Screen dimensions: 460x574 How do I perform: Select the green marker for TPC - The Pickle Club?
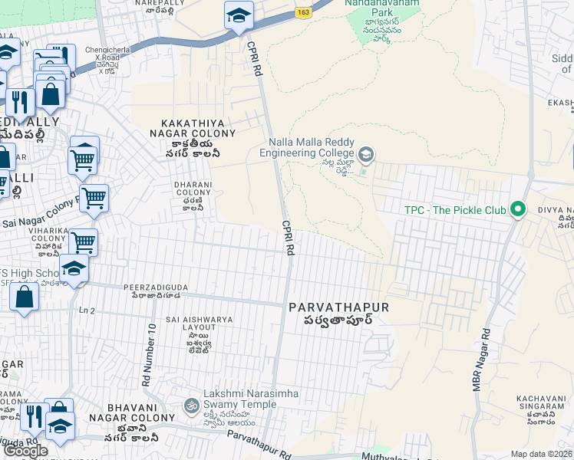pos(518,209)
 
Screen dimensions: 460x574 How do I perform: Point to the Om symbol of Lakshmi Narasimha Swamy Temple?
pos(190,404)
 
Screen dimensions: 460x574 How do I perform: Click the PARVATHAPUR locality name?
pos(339,307)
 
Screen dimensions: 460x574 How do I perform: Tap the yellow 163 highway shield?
pos(305,12)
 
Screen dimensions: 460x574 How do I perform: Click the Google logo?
pos(25,451)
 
